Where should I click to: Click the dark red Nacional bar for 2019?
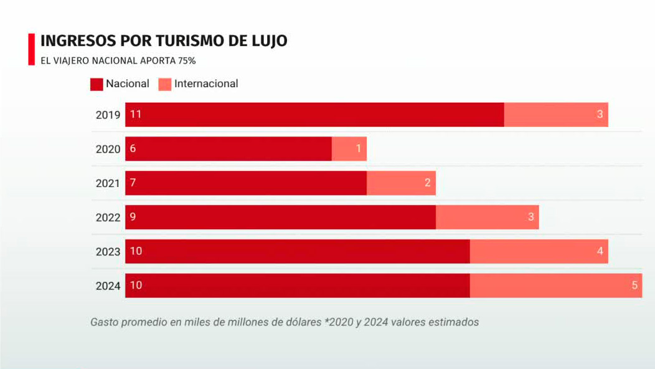[314, 115]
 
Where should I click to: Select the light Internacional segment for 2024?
[555, 285]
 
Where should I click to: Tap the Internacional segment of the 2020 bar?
[349, 149]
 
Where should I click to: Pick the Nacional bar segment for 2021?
[246, 183]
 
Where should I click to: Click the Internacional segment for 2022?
[487, 218]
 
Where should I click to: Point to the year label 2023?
[108, 252]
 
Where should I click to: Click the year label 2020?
[108, 150]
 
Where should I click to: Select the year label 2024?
[108, 286]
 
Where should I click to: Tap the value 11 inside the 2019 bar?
[136, 115]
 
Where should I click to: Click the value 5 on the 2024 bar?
[634, 285]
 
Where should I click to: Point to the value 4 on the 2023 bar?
[600, 251]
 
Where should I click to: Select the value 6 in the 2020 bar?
[133, 149]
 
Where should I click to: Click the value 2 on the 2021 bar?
[428, 183]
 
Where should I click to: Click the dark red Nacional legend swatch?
[97, 84]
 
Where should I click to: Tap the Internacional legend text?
[206, 84]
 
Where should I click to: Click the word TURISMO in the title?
[162, 41]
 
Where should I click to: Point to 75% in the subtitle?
[187, 61]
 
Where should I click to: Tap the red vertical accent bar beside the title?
[31, 49]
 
